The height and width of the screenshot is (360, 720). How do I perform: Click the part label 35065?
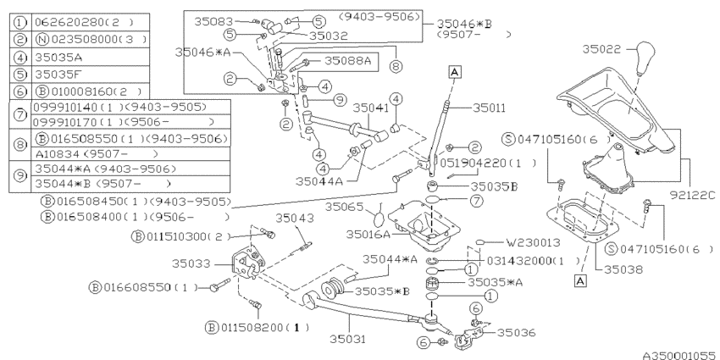coord(346,206)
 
